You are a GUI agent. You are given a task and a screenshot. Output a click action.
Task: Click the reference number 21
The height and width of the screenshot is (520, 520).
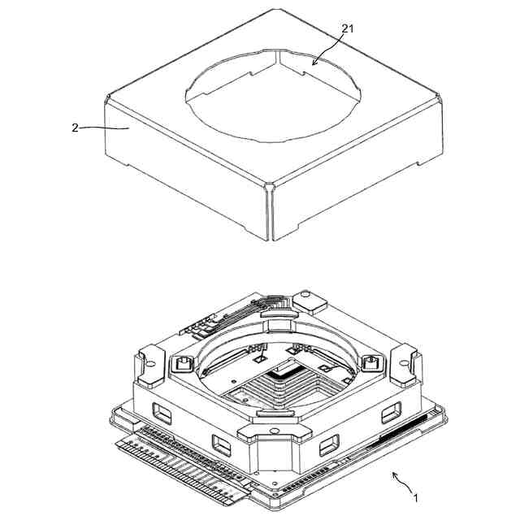pos(348,29)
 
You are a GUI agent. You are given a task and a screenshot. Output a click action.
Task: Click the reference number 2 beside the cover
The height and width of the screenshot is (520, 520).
pos(76,128)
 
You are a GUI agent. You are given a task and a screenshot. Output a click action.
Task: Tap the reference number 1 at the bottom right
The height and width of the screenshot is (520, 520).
pos(415,498)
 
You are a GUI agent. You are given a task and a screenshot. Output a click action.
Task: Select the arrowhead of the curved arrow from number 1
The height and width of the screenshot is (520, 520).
pos(395,474)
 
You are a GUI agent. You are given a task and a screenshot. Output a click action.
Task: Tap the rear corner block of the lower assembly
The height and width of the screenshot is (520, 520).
pos(310,302)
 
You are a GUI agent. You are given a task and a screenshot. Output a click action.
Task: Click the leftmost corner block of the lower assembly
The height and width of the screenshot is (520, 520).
pos(149,366)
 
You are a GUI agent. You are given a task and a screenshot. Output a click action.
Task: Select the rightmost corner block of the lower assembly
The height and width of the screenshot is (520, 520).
pos(405,364)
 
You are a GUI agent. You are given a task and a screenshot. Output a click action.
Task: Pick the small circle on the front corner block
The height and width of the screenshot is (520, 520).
pos(274,431)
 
